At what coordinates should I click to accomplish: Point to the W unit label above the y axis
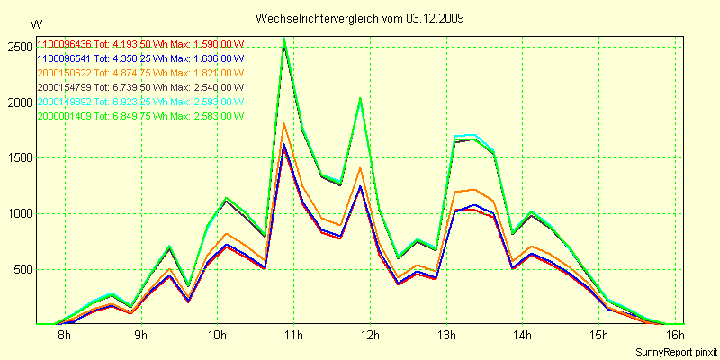point(35,24)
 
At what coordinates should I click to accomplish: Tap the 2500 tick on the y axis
point(18,47)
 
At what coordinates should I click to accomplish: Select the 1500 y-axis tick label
point(18,158)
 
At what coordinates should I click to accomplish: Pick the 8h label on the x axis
point(64,336)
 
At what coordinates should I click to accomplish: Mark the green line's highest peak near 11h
point(283,38)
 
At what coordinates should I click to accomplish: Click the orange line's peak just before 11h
point(283,122)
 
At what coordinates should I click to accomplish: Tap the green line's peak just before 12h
point(360,98)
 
